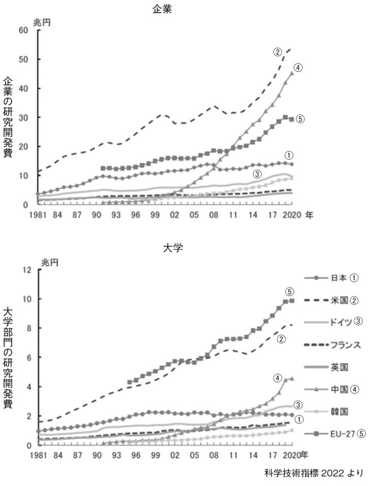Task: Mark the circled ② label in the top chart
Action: click(278, 51)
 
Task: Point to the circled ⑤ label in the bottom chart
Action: click(289, 292)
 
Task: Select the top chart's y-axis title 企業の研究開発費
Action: click(8, 118)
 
